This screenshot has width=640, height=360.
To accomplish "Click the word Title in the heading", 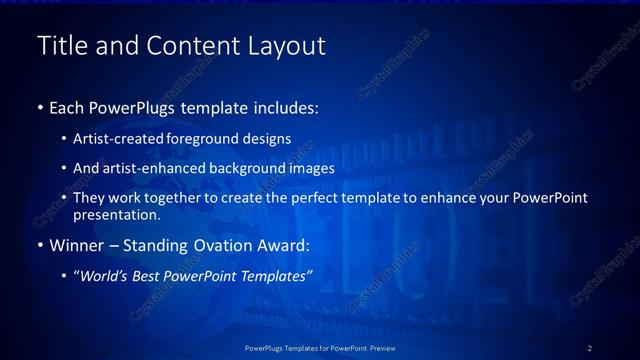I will click(x=61, y=46).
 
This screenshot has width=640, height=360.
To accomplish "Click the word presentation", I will click(x=117, y=214).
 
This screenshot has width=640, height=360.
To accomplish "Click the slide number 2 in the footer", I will click(x=589, y=347).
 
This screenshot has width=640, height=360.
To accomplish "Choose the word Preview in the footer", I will click(x=378, y=347).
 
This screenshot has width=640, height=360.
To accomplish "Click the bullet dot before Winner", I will click(x=39, y=245).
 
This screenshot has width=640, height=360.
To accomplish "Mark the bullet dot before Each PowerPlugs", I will click(x=39, y=107).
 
